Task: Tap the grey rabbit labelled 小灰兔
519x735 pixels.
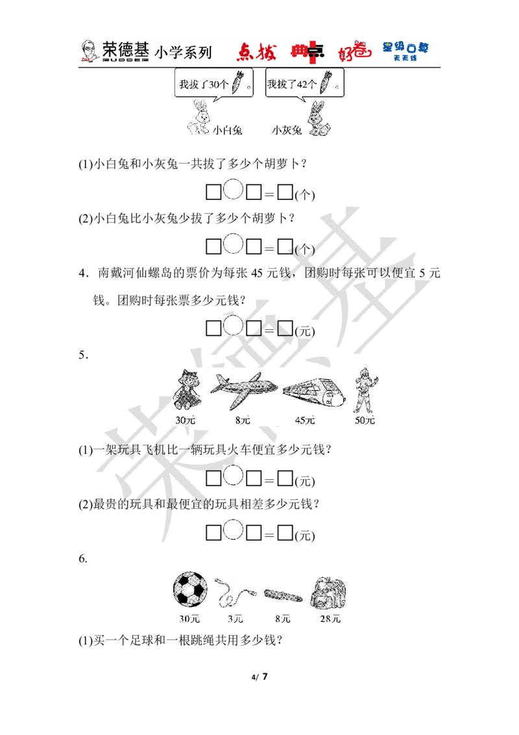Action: point(318,119)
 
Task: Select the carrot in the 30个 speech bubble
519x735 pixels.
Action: point(237,84)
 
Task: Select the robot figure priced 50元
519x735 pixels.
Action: point(365,390)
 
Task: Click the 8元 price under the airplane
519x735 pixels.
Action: point(243,420)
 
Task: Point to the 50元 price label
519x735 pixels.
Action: point(365,420)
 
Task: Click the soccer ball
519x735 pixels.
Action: point(190,592)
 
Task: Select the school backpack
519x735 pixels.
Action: point(328,593)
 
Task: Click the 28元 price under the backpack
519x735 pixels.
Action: point(330,619)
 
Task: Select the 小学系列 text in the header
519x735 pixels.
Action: point(183,52)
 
